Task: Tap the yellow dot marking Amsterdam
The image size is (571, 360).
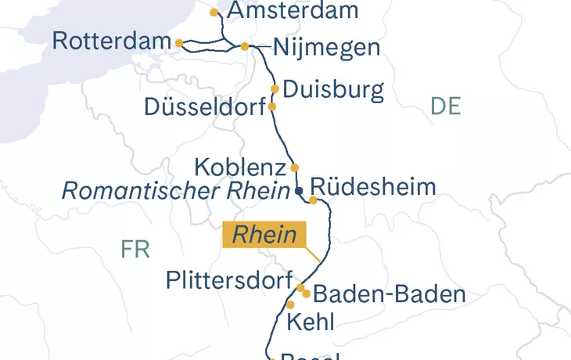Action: coord(214,13)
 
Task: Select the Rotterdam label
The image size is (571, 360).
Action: coord(112,41)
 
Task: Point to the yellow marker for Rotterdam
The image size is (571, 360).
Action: coord(179,43)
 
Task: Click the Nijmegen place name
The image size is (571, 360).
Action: coord(326,48)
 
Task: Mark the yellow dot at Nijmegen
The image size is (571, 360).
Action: coord(245,46)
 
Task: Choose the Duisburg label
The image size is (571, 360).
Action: coord(333,89)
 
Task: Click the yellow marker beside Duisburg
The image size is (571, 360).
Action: coord(275,89)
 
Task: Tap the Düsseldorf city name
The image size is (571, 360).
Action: coord(205,107)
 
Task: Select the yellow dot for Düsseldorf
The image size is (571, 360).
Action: coord(272,106)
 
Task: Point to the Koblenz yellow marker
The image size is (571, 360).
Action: coord(295,167)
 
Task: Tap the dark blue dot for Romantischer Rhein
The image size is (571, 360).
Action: coord(298,190)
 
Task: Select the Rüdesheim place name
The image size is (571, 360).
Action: coord(372,187)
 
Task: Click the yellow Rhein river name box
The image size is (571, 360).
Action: coord(265,235)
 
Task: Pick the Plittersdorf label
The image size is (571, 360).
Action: coord(229,280)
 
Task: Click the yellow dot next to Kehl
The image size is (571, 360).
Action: coord(290,304)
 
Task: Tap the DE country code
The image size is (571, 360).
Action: coord(446,106)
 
